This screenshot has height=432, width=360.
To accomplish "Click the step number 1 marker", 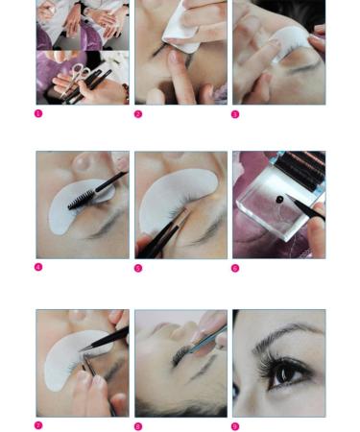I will tap(38, 113).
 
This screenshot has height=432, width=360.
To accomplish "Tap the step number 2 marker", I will tap(138, 114).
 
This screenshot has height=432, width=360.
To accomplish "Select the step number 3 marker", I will tap(236, 114).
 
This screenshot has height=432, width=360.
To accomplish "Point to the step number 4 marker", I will tap(38, 267).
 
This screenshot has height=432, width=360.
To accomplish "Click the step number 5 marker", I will tap(138, 268).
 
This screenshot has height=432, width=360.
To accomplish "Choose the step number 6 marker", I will tap(236, 268).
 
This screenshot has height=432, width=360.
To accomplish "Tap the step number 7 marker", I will tap(38, 425).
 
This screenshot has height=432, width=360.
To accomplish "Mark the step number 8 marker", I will tap(138, 426).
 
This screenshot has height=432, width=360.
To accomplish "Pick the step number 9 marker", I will tap(236, 426).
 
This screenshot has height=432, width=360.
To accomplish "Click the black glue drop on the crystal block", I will tap(280, 200).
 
